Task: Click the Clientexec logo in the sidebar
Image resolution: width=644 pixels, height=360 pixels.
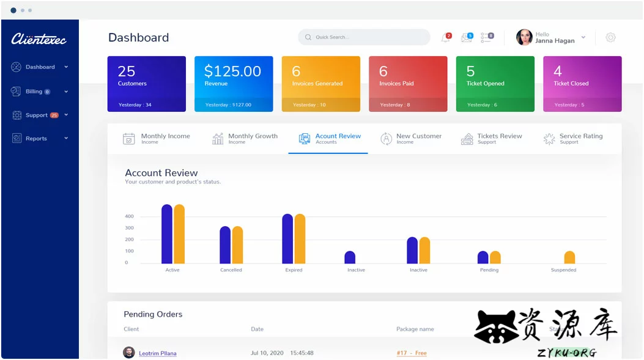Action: coord(39,39)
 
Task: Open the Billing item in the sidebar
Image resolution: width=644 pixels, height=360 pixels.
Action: coord(34,92)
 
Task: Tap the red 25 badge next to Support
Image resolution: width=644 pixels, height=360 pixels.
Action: coord(54,115)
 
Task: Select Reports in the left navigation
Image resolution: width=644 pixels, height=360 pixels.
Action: coord(36,139)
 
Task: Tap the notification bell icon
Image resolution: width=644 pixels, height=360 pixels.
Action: coord(445,38)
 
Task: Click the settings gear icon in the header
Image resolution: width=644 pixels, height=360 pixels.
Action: coord(610,37)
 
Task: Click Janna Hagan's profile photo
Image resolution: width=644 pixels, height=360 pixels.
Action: coord(524,37)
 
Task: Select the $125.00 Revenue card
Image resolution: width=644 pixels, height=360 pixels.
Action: coord(234,84)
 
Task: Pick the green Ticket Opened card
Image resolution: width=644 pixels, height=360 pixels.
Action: coord(495,84)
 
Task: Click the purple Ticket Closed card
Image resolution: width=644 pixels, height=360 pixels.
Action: coord(582,84)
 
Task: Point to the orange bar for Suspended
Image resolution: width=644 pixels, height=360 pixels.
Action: coord(569,257)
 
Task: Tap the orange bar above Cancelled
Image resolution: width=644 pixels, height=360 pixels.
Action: coord(237,245)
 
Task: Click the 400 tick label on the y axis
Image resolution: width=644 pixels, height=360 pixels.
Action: coord(129,216)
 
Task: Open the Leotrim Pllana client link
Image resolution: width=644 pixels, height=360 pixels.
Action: coord(157,353)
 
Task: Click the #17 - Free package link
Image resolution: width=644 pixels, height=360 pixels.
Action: coord(411,353)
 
